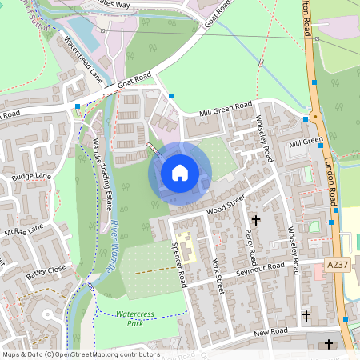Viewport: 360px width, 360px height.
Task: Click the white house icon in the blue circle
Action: click(180, 172)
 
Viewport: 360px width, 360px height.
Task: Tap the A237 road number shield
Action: click(338, 264)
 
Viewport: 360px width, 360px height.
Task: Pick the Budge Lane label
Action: click(31, 176)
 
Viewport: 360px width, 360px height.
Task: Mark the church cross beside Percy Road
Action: click(257, 219)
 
